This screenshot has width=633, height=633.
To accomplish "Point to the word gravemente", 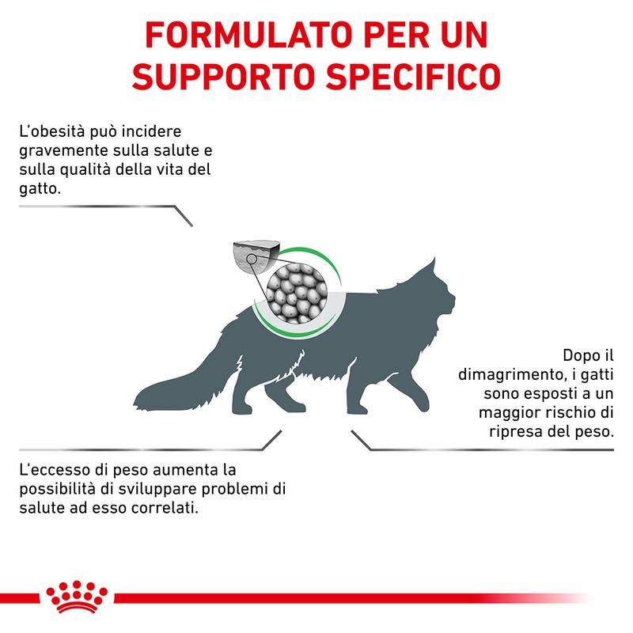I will [x=63, y=150].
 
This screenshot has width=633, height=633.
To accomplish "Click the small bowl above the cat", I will [x=255, y=258].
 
